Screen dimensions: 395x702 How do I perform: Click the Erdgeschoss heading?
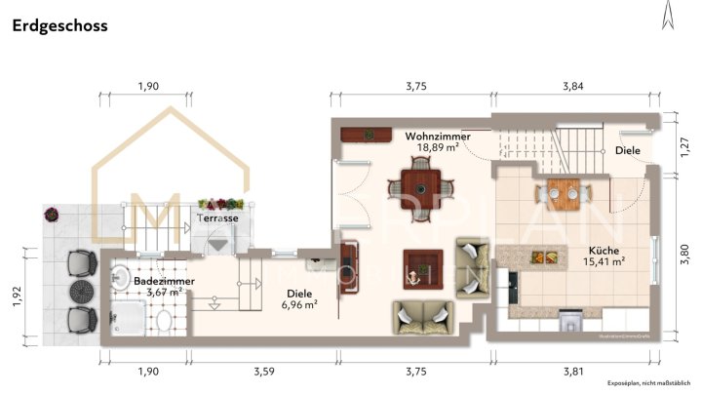[x=60, y=26]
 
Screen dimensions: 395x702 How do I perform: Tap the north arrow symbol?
[x=667, y=15]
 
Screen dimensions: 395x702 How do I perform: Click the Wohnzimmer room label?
[x=438, y=138]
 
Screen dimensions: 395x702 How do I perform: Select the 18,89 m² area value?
[x=438, y=149]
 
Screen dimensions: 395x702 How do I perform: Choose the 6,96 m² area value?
[x=299, y=304]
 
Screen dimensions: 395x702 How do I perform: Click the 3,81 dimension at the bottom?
[x=573, y=372]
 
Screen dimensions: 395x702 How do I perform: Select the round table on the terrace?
[x=78, y=292]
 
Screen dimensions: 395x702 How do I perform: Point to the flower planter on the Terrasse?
[x=219, y=203]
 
